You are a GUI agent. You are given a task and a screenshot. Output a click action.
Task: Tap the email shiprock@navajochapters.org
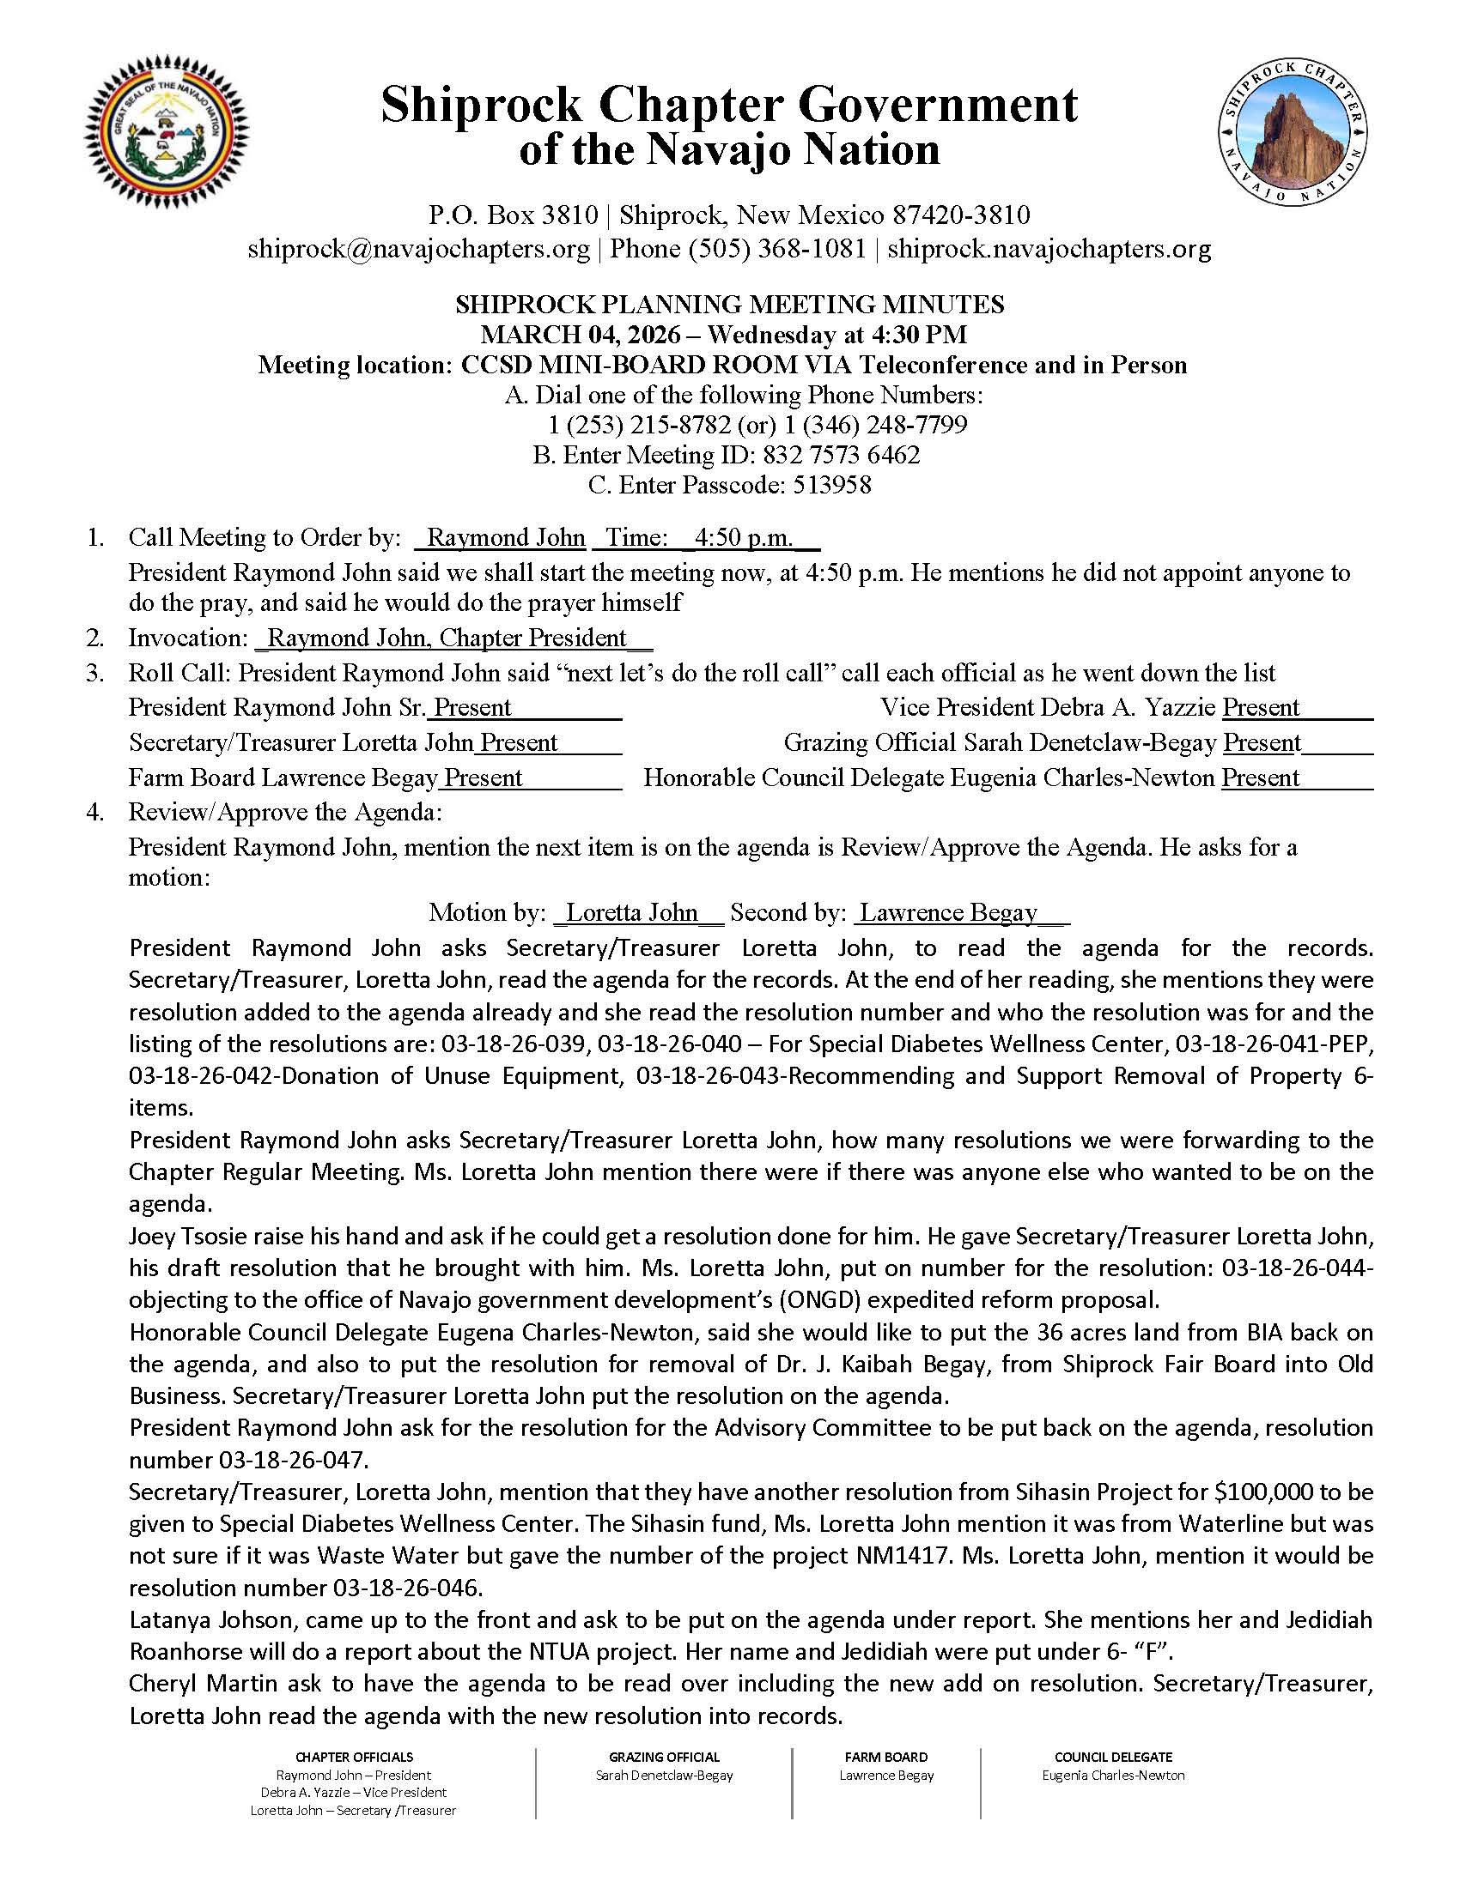pyautogui.click(x=418, y=249)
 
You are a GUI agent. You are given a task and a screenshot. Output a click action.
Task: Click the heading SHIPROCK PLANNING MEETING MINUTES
pyautogui.click(x=729, y=305)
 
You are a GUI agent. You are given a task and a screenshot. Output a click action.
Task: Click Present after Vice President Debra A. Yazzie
pyautogui.click(x=1260, y=707)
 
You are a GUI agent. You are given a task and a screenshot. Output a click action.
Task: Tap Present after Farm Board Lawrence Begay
pyautogui.click(x=483, y=778)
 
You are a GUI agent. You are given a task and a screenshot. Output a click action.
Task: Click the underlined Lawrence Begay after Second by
pyautogui.click(x=948, y=912)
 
